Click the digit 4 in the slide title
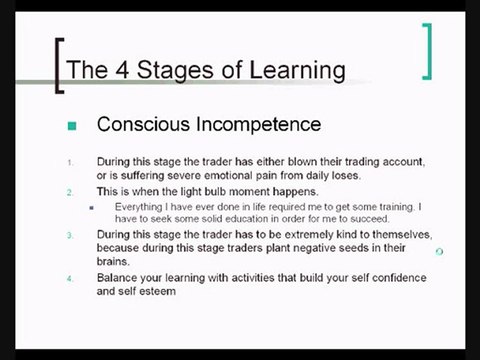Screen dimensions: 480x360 (122, 70)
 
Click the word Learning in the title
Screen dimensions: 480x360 (297, 71)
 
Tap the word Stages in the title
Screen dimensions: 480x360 (175, 71)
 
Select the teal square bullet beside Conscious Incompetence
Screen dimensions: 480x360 (72, 126)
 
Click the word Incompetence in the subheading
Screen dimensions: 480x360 (258, 124)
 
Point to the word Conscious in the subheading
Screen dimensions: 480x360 (143, 124)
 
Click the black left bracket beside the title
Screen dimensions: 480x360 (60, 66)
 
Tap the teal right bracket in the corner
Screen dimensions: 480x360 (427, 51)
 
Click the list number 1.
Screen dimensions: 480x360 (70, 163)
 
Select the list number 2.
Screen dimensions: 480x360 (70, 192)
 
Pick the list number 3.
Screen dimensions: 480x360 (70, 235)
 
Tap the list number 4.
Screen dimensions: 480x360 (70, 279)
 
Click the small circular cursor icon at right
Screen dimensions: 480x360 (440, 252)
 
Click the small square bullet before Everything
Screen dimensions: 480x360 (92, 208)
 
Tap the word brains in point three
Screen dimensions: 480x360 (112, 261)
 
